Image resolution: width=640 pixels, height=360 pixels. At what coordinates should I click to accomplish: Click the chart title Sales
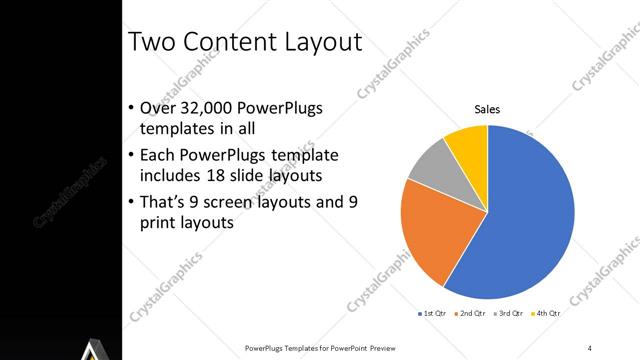pyautogui.click(x=487, y=109)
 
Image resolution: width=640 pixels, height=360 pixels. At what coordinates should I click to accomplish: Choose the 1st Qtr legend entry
pyautogui.click(x=433, y=313)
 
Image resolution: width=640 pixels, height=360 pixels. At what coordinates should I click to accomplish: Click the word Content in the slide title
pyautogui.click(x=227, y=41)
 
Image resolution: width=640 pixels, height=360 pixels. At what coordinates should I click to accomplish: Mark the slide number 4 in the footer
pyautogui.click(x=590, y=347)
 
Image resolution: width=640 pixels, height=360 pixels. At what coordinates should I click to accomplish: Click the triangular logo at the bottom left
pyautogui.click(x=93, y=349)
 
